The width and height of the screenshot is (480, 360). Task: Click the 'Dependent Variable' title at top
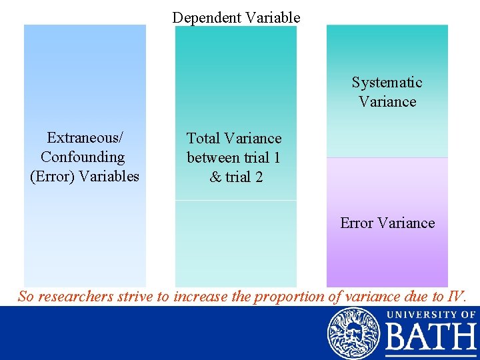236,17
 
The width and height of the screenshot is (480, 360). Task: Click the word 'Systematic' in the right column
387,83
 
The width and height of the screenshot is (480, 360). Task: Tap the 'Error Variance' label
387,223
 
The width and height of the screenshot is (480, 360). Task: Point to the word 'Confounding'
83,157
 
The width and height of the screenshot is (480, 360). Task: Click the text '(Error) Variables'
85,177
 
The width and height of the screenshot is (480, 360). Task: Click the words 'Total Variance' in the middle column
234,139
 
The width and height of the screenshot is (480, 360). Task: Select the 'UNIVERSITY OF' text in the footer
431,314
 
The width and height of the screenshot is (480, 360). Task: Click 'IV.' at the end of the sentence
459,297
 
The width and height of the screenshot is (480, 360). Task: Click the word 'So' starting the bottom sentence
26,297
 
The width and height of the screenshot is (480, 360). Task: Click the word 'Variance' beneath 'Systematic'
387,102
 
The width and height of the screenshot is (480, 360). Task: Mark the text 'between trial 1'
234,158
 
